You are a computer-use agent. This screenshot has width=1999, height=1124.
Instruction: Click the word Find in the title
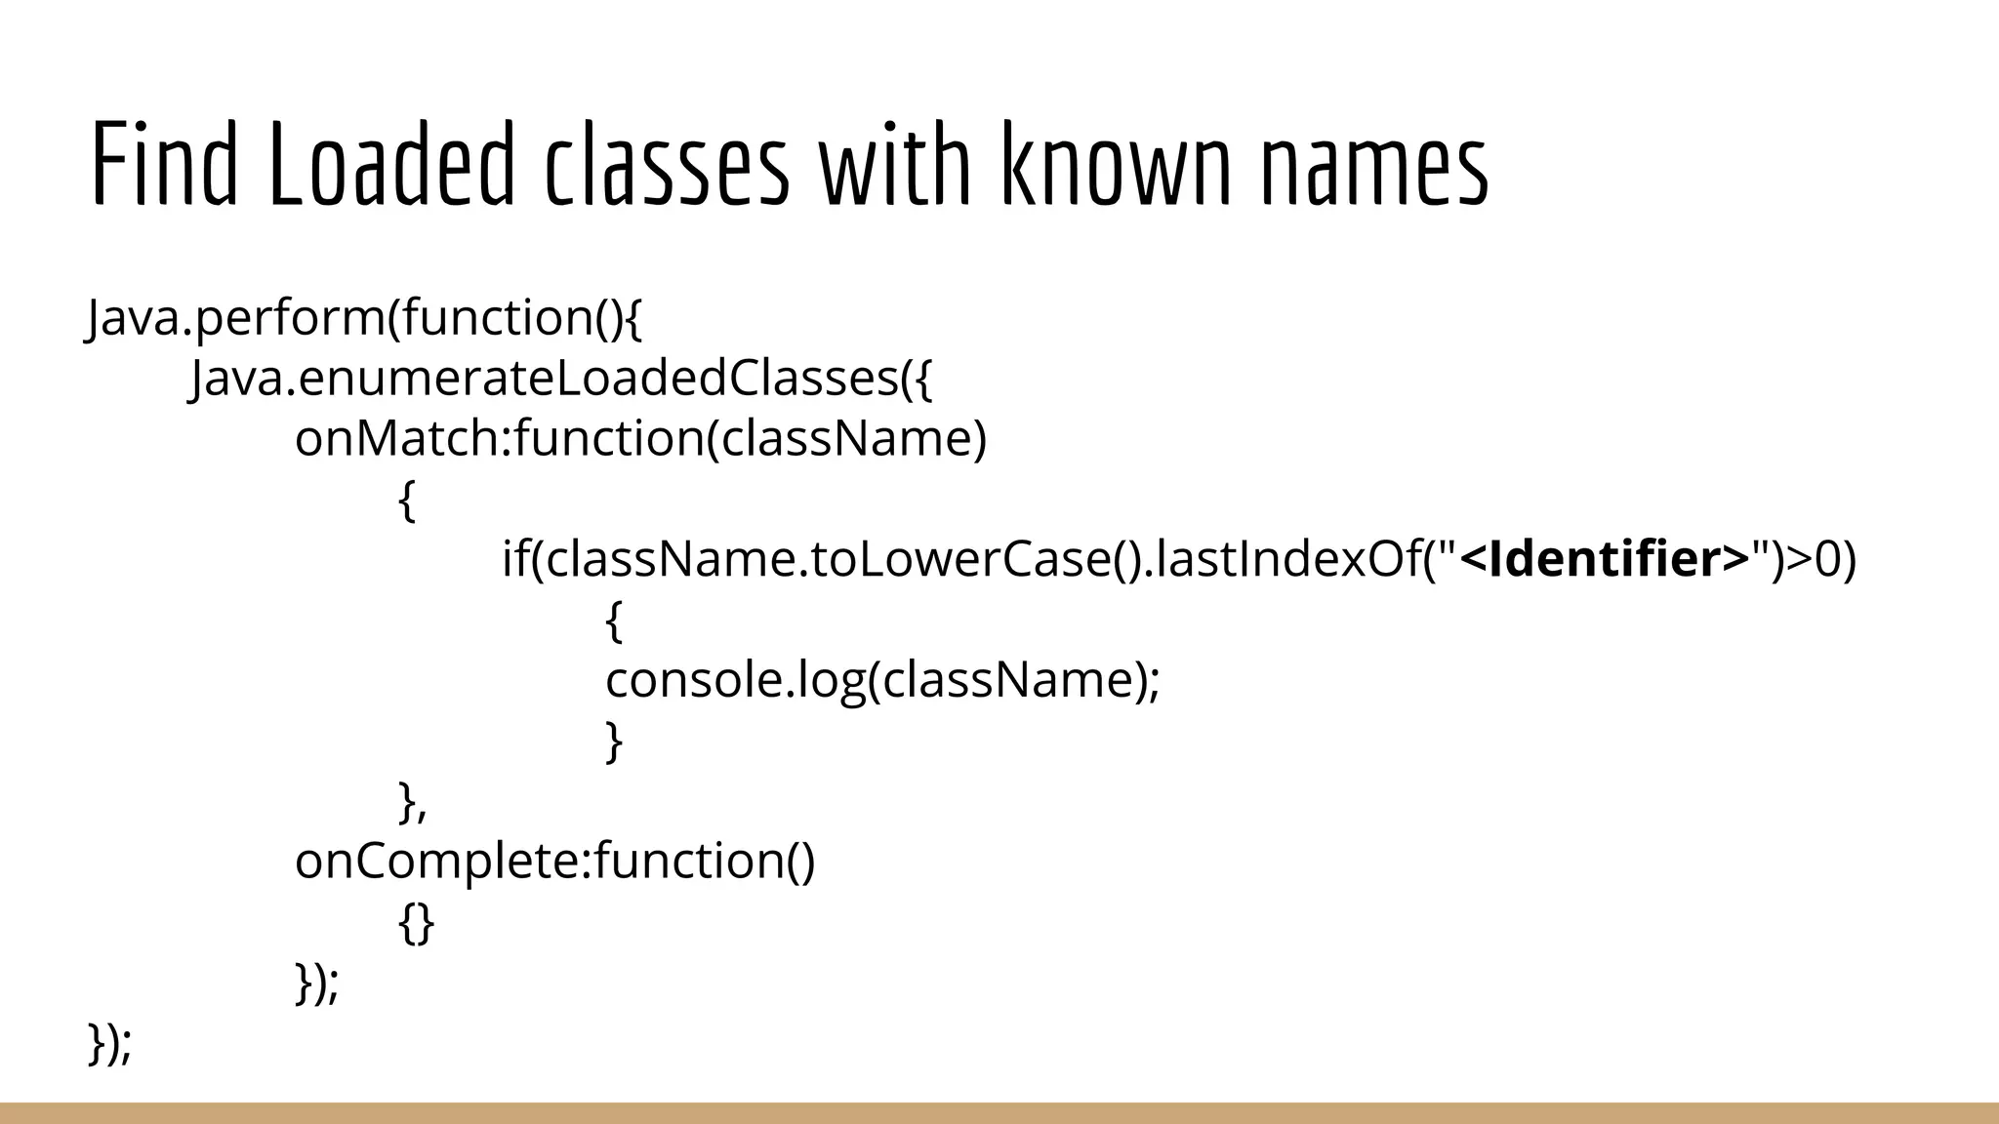164,163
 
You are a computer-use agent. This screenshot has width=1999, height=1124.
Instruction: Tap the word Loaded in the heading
390,163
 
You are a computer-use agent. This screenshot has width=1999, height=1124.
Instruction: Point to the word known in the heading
1115,163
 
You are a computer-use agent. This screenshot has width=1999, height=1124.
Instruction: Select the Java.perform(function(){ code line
365,318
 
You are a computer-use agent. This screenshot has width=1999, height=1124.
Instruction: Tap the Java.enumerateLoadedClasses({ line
562,379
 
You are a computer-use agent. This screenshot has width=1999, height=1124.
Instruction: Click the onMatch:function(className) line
641,439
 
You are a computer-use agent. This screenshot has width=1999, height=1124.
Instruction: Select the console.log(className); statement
882,680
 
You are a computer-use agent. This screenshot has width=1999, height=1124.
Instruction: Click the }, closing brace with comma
412,802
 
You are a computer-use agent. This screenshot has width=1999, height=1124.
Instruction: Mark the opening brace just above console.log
614,621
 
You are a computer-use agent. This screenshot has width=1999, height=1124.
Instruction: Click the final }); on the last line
109,1043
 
